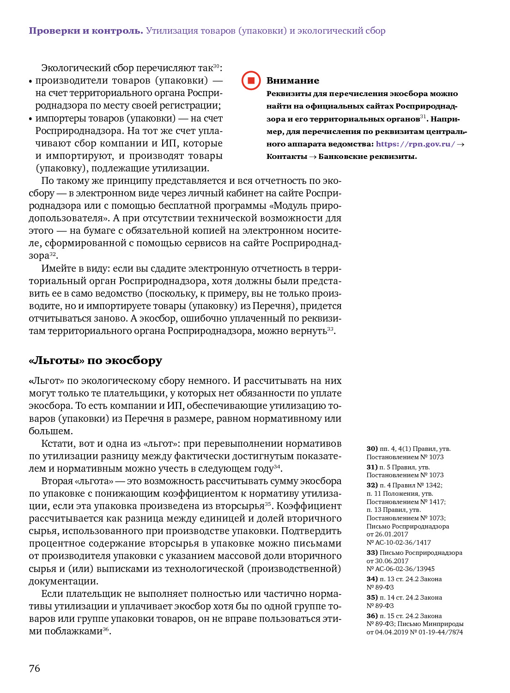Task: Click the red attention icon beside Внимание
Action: click(251, 80)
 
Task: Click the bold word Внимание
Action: click(292, 81)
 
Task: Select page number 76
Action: click(35, 669)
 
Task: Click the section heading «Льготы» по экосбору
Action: click(95, 360)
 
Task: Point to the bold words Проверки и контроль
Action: click(86, 31)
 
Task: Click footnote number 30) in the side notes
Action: click(372, 449)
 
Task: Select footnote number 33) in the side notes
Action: click(372, 553)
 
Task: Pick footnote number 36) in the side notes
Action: click(372, 616)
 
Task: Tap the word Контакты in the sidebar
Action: click(286, 157)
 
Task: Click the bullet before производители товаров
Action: click(30, 81)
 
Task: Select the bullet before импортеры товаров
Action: click(30, 119)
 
